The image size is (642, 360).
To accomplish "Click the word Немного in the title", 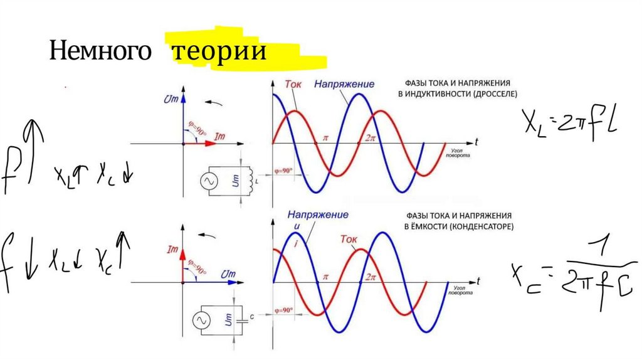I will click(100, 51).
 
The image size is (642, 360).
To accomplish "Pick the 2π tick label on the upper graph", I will click(371, 137).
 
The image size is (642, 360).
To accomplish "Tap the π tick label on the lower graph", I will click(325, 277).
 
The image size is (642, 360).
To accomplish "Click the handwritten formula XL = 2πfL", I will click(571, 122).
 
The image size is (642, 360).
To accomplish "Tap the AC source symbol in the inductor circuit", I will click(208, 182).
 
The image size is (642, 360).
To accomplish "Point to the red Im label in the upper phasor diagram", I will click(219, 135).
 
